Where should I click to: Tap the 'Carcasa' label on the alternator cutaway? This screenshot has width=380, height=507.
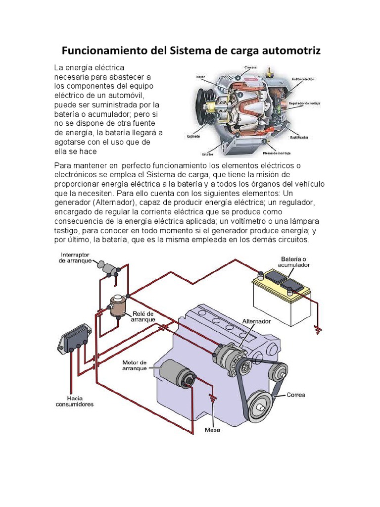pyautogui.click(x=249, y=67)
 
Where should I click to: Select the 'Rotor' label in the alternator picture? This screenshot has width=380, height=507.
pyautogui.click(x=200, y=77)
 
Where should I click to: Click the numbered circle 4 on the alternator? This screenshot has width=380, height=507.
pyautogui.click(x=238, y=78)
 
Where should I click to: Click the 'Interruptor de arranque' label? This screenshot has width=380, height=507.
pyautogui.click(x=75, y=257)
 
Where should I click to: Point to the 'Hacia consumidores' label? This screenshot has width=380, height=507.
pyautogui.click(x=73, y=401)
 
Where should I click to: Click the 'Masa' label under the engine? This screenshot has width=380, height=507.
pyautogui.click(x=212, y=430)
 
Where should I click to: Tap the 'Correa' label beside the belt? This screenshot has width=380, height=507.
pyautogui.click(x=295, y=395)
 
